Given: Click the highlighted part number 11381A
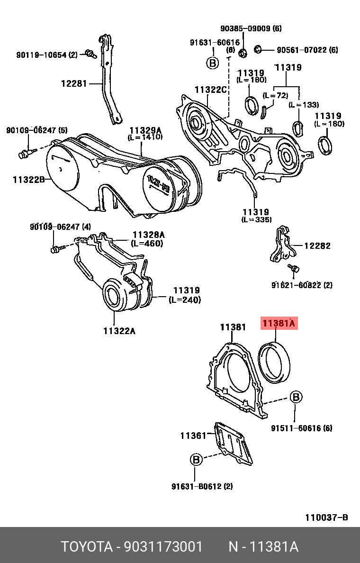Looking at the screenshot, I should click(x=279, y=324).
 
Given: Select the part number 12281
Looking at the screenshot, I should click(x=74, y=84).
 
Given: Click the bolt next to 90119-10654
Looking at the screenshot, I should click(x=90, y=54).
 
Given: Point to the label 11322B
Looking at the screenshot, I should click(x=28, y=179).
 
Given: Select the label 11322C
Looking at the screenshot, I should click(x=211, y=90).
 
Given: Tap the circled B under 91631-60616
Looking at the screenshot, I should click(x=212, y=63).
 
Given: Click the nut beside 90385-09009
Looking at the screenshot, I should click(x=242, y=52).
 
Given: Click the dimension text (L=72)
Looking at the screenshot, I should click(x=275, y=95).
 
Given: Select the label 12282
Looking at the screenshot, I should click(x=317, y=246).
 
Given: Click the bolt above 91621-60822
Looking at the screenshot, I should click(x=294, y=268).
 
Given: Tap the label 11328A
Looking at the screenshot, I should click(x=148, y=235).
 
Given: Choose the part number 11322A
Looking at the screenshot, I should click(x=119, y=331).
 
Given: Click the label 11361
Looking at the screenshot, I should click(x=193, y=435).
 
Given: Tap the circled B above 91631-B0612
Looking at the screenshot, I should click(x=196, y=459).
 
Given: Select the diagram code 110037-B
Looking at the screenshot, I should click(x=326, y=517).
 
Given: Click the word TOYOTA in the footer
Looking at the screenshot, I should click(x=85, y=547).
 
